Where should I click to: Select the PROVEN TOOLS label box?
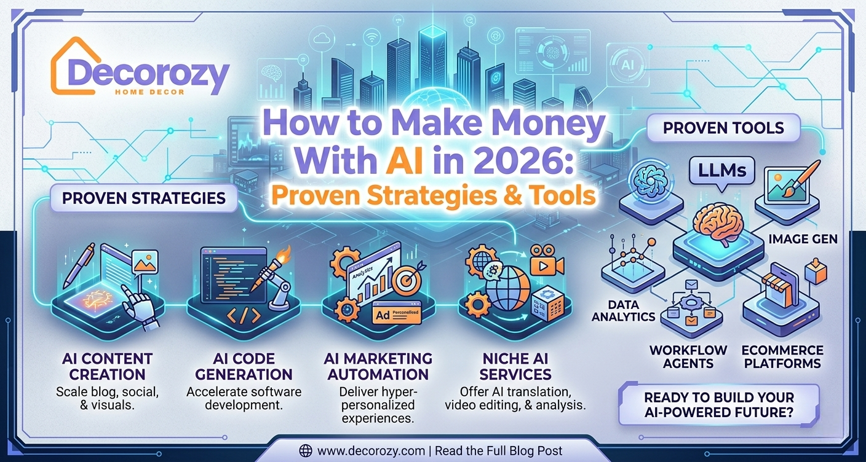723,128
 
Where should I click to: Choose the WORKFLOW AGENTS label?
688,356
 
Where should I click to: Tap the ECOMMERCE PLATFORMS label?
782,356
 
